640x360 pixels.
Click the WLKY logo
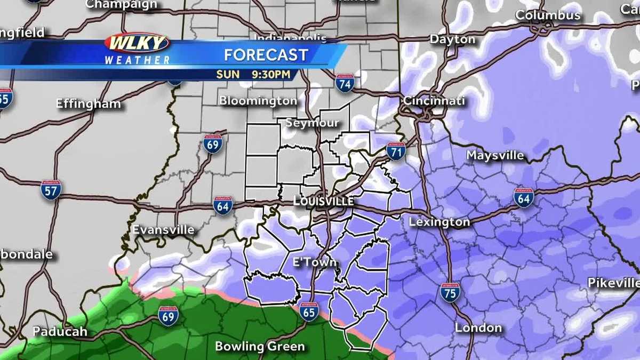click(137, 43)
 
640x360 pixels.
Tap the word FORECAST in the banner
click(266, 55)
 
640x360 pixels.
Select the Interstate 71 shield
click(396, 151)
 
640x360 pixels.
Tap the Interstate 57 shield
click(51, 189)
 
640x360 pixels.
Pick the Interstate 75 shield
click(450, 292)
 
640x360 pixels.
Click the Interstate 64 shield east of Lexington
click(524, 197)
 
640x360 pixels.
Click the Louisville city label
click(323, 201)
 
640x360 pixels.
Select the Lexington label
click(439, 222)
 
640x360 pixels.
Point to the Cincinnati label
click(434, 101)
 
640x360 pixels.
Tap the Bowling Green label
click(260, 347)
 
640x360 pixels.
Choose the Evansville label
click(163, 230)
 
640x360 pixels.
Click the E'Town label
click(315, 262)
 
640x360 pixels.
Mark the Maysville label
click(495, 156)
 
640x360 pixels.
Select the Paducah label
click(60, 331)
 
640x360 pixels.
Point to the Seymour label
click(312, 123)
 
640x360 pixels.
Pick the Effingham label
click(89, 104)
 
